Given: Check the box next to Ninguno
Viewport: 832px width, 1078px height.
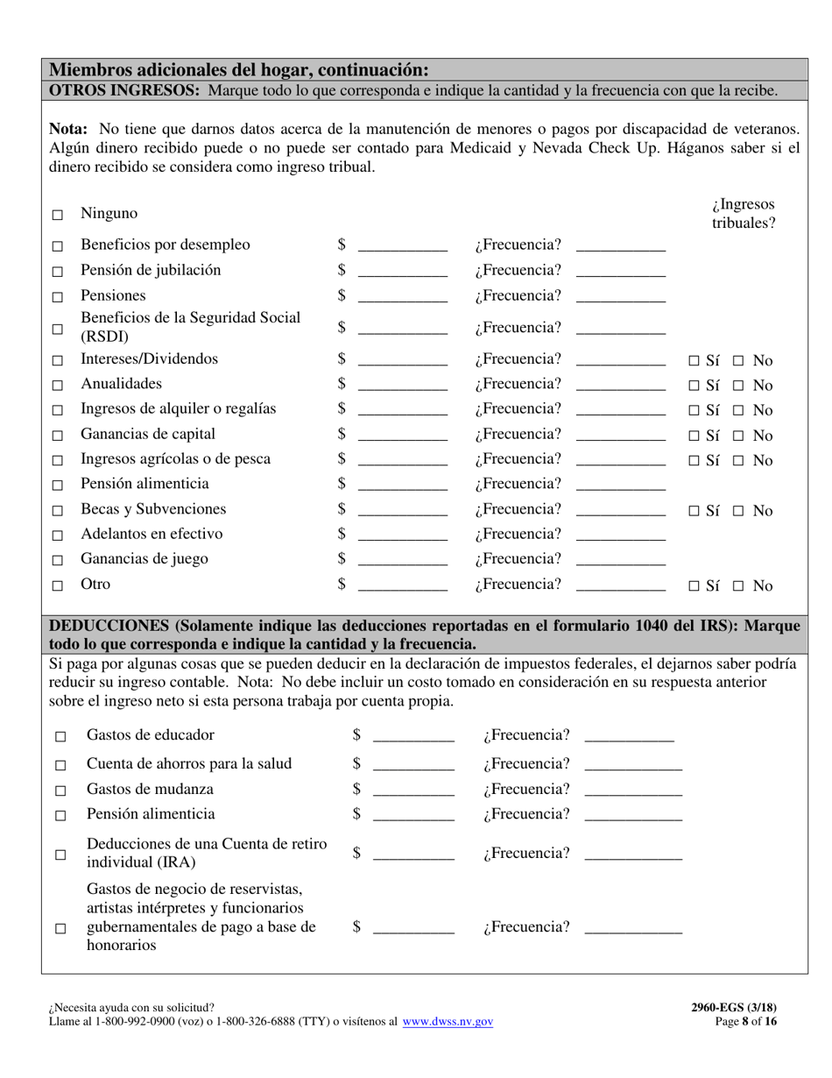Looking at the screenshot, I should [x=58, y=215].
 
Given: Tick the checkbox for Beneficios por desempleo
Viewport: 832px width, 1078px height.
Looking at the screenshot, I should [x=58, y=247].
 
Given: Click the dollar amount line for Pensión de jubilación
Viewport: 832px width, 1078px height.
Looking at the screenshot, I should [x=403, y=273].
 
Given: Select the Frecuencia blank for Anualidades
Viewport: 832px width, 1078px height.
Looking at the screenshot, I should [x=621, y=387].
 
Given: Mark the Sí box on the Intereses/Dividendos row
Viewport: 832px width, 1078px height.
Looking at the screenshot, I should [x=694, y=361].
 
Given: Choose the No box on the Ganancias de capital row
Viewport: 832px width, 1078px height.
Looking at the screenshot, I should [x=738, y=436].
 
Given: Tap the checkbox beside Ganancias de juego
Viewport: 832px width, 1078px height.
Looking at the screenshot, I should [x=58, y=561].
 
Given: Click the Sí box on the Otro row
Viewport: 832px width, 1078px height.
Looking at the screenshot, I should [x=694, y=587].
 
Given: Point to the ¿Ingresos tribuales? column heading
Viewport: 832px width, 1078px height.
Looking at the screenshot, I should [x=744, y=214].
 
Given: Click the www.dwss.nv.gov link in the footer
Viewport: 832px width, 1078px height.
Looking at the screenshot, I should [x=448, y=1022].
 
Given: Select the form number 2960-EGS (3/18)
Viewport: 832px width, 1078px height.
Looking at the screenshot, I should [x=733, y=1008].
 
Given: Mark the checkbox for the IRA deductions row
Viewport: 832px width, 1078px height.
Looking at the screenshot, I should [x=60, y=855].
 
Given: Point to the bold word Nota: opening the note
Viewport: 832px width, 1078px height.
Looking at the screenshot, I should [x=67, y=129].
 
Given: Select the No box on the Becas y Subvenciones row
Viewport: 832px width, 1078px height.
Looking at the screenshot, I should [x=738, y=512].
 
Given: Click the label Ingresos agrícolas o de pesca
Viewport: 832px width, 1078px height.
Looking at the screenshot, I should [x=175, y=459].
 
